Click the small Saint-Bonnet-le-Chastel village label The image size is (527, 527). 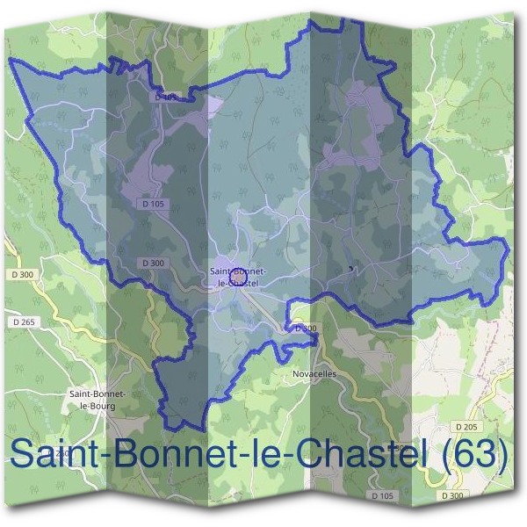[x=235, y=277]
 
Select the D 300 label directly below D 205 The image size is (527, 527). [x=453, y=496]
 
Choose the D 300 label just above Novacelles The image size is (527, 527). [x=306, y=328]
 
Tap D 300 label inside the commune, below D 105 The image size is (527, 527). [x=153, y=263]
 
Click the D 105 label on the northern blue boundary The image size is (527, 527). [x=165, y=97]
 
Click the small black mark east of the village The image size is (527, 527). [x=351, y=269]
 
